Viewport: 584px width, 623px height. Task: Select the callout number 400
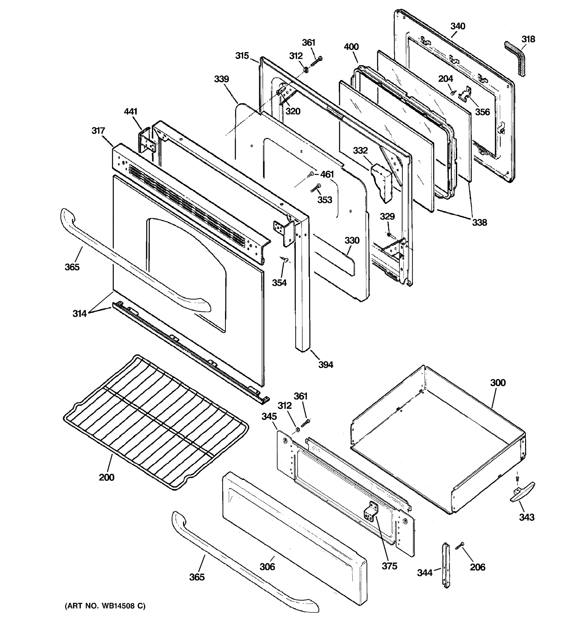351,47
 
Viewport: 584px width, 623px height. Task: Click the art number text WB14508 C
105,606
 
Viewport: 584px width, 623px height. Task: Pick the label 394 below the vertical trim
325,364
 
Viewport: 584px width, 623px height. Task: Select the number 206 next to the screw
478,567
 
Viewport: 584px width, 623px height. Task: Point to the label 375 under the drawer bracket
389,566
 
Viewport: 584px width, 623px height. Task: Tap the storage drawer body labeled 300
439,439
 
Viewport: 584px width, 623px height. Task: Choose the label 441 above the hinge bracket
131,112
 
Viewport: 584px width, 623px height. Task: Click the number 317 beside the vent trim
98,131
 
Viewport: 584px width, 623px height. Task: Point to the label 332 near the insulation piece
360,151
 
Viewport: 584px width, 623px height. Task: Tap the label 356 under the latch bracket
482,112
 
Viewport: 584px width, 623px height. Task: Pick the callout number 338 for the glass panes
479,222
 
